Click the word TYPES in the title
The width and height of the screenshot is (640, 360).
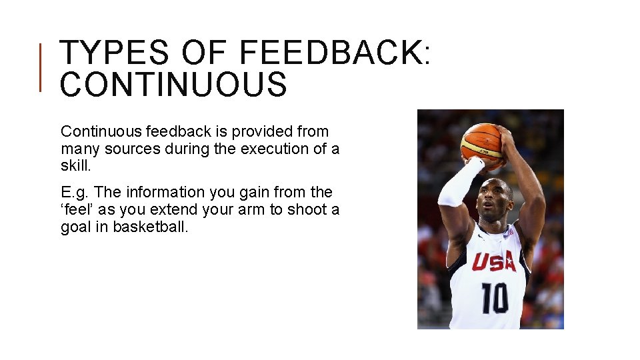113,53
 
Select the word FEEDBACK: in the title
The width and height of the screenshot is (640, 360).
334,53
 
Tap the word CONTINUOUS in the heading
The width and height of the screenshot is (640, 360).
173,85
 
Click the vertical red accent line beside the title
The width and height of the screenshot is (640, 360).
41,67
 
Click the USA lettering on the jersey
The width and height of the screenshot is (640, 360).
493,260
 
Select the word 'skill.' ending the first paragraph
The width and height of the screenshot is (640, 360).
75,165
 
